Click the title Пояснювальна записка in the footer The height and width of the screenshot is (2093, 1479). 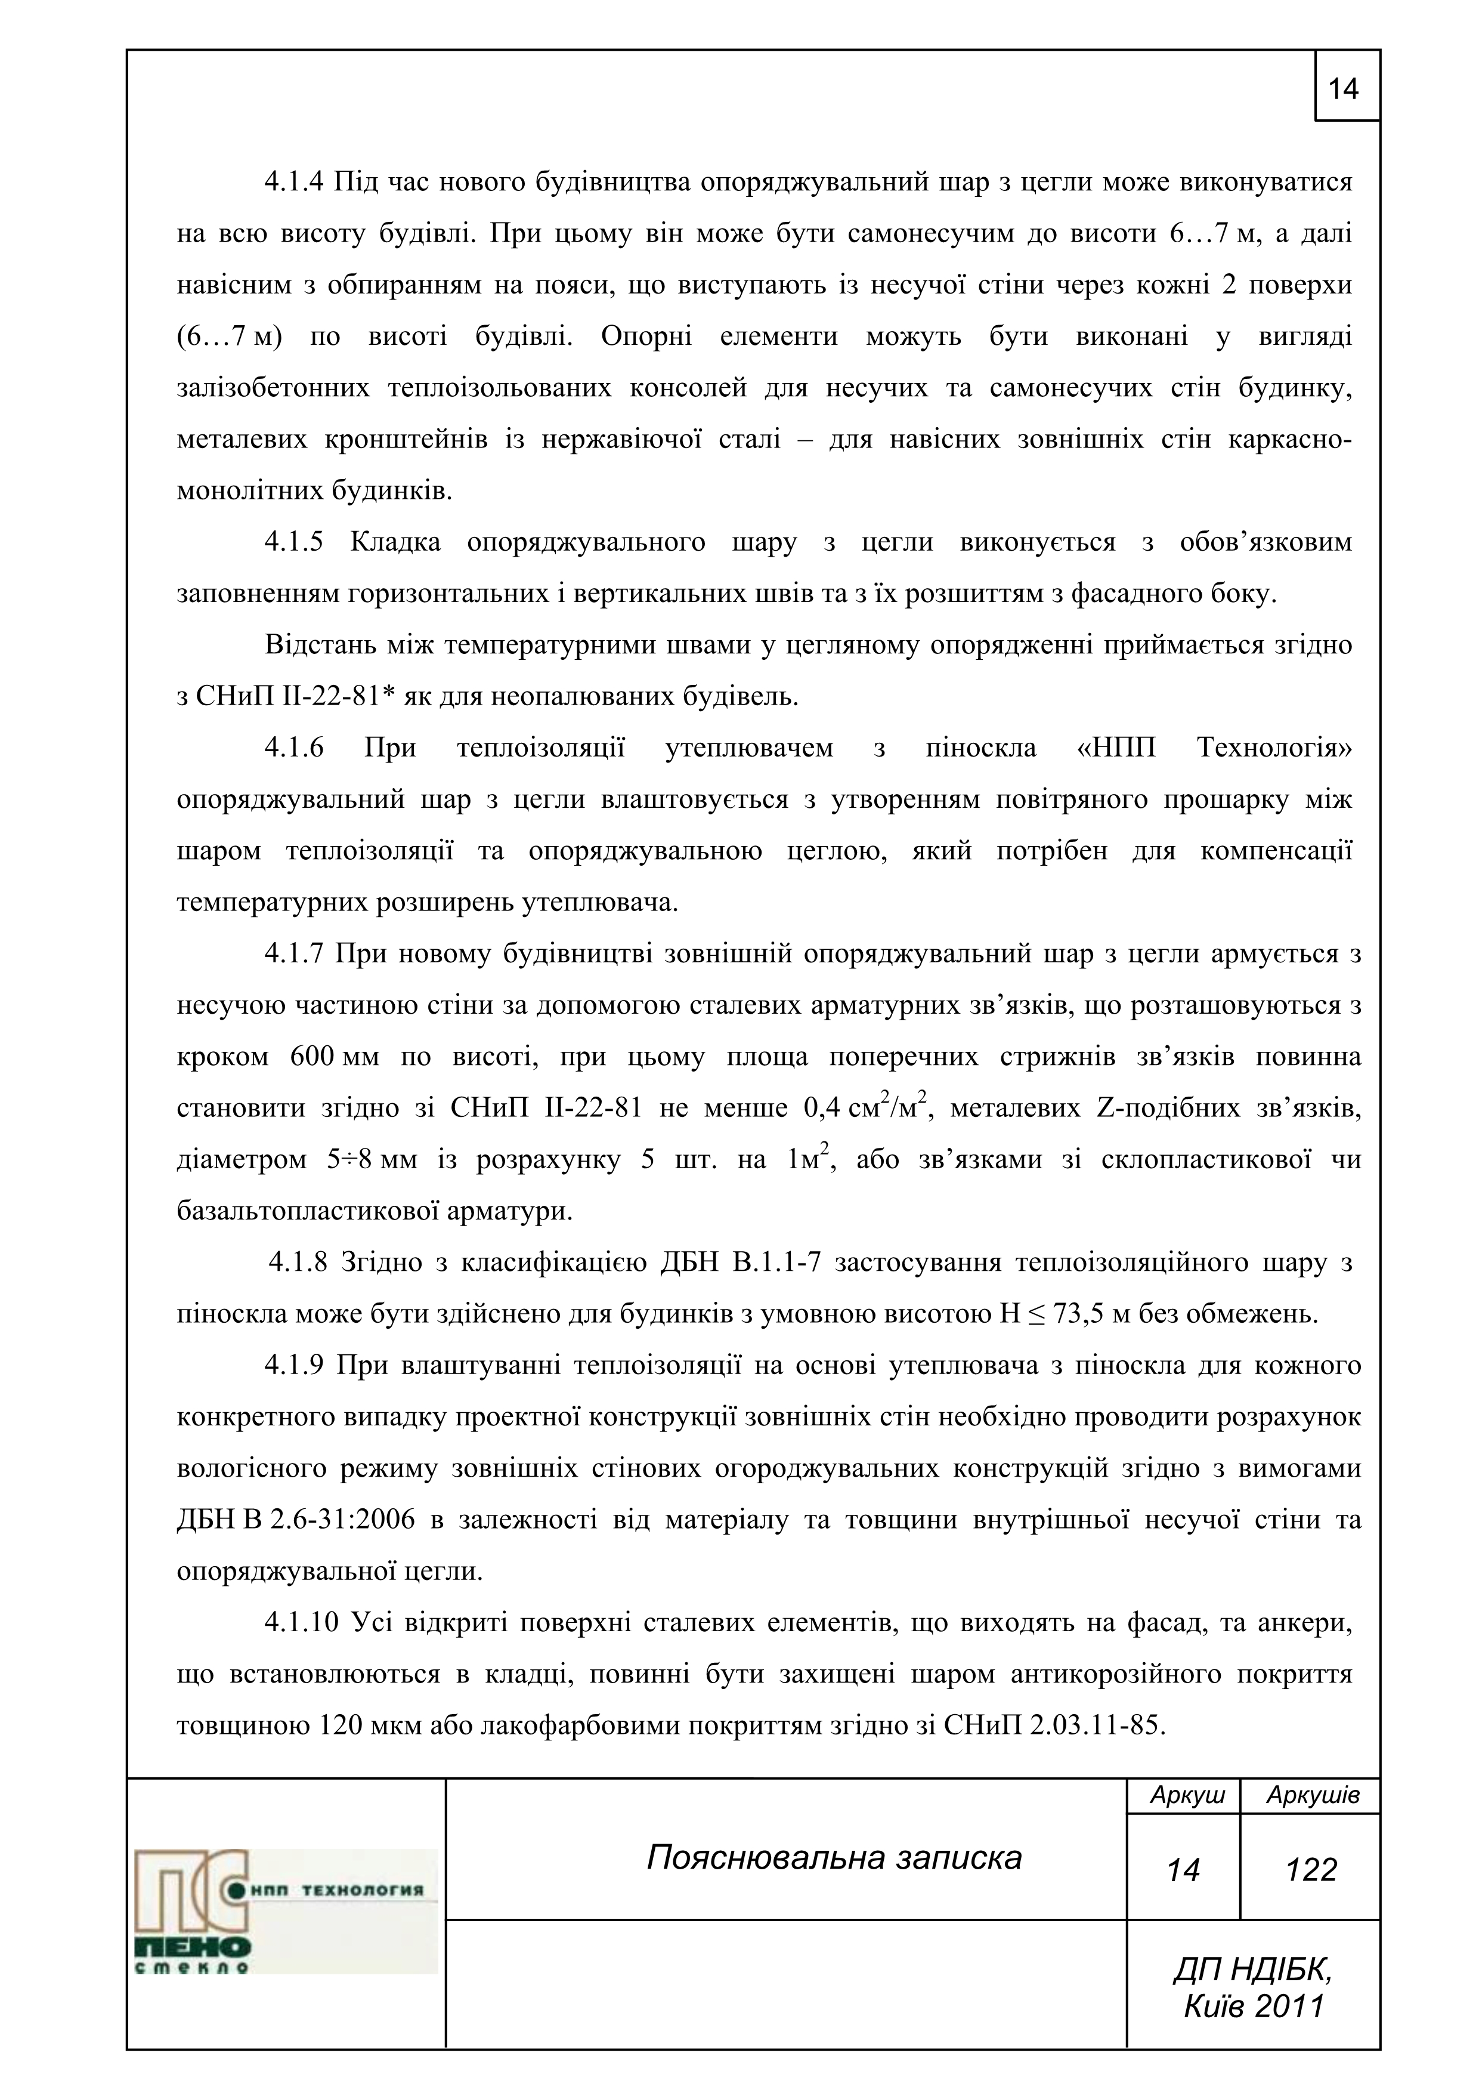click(834, 1858)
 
